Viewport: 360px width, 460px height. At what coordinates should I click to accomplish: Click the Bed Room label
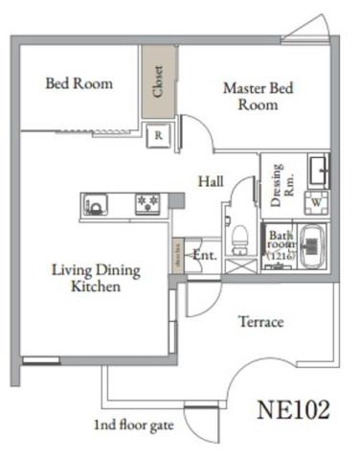click(79, 83)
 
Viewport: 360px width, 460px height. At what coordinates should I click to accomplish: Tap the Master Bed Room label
click(259, 96)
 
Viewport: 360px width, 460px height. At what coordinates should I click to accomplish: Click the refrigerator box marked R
click(160, 136)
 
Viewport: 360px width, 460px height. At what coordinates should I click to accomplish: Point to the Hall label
click(212, 180)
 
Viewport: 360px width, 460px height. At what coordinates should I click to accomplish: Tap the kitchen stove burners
click(147, 204)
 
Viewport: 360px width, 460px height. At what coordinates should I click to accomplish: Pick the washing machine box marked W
click(316, 203)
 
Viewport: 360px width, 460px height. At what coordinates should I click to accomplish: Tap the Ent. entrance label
click(205, 256)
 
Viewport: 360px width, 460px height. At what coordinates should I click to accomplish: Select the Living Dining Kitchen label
click(95, 278)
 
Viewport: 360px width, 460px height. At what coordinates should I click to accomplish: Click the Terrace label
click(260, 322)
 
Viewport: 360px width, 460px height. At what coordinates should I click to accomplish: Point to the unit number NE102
click(294, 409)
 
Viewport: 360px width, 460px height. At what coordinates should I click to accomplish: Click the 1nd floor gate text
click(132, 424)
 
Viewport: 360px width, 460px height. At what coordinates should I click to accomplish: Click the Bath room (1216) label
click(281, 245)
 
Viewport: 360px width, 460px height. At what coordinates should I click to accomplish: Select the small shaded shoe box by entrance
click(177, 256)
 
